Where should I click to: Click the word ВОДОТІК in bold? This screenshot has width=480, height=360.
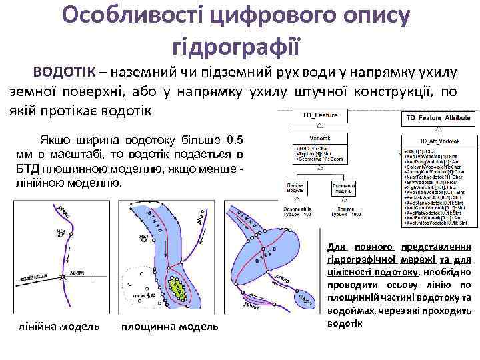tap(64, 71)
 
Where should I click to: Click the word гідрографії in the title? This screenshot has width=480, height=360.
tap(237, 45)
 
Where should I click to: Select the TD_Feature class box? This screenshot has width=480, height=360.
tap(319, 115)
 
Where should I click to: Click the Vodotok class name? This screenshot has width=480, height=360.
tap(319, 138)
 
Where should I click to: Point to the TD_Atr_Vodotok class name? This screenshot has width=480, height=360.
tap(437, 141)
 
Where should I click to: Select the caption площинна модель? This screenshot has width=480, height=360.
tap(169, 327)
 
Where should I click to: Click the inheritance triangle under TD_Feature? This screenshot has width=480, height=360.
tap(319, 125)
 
